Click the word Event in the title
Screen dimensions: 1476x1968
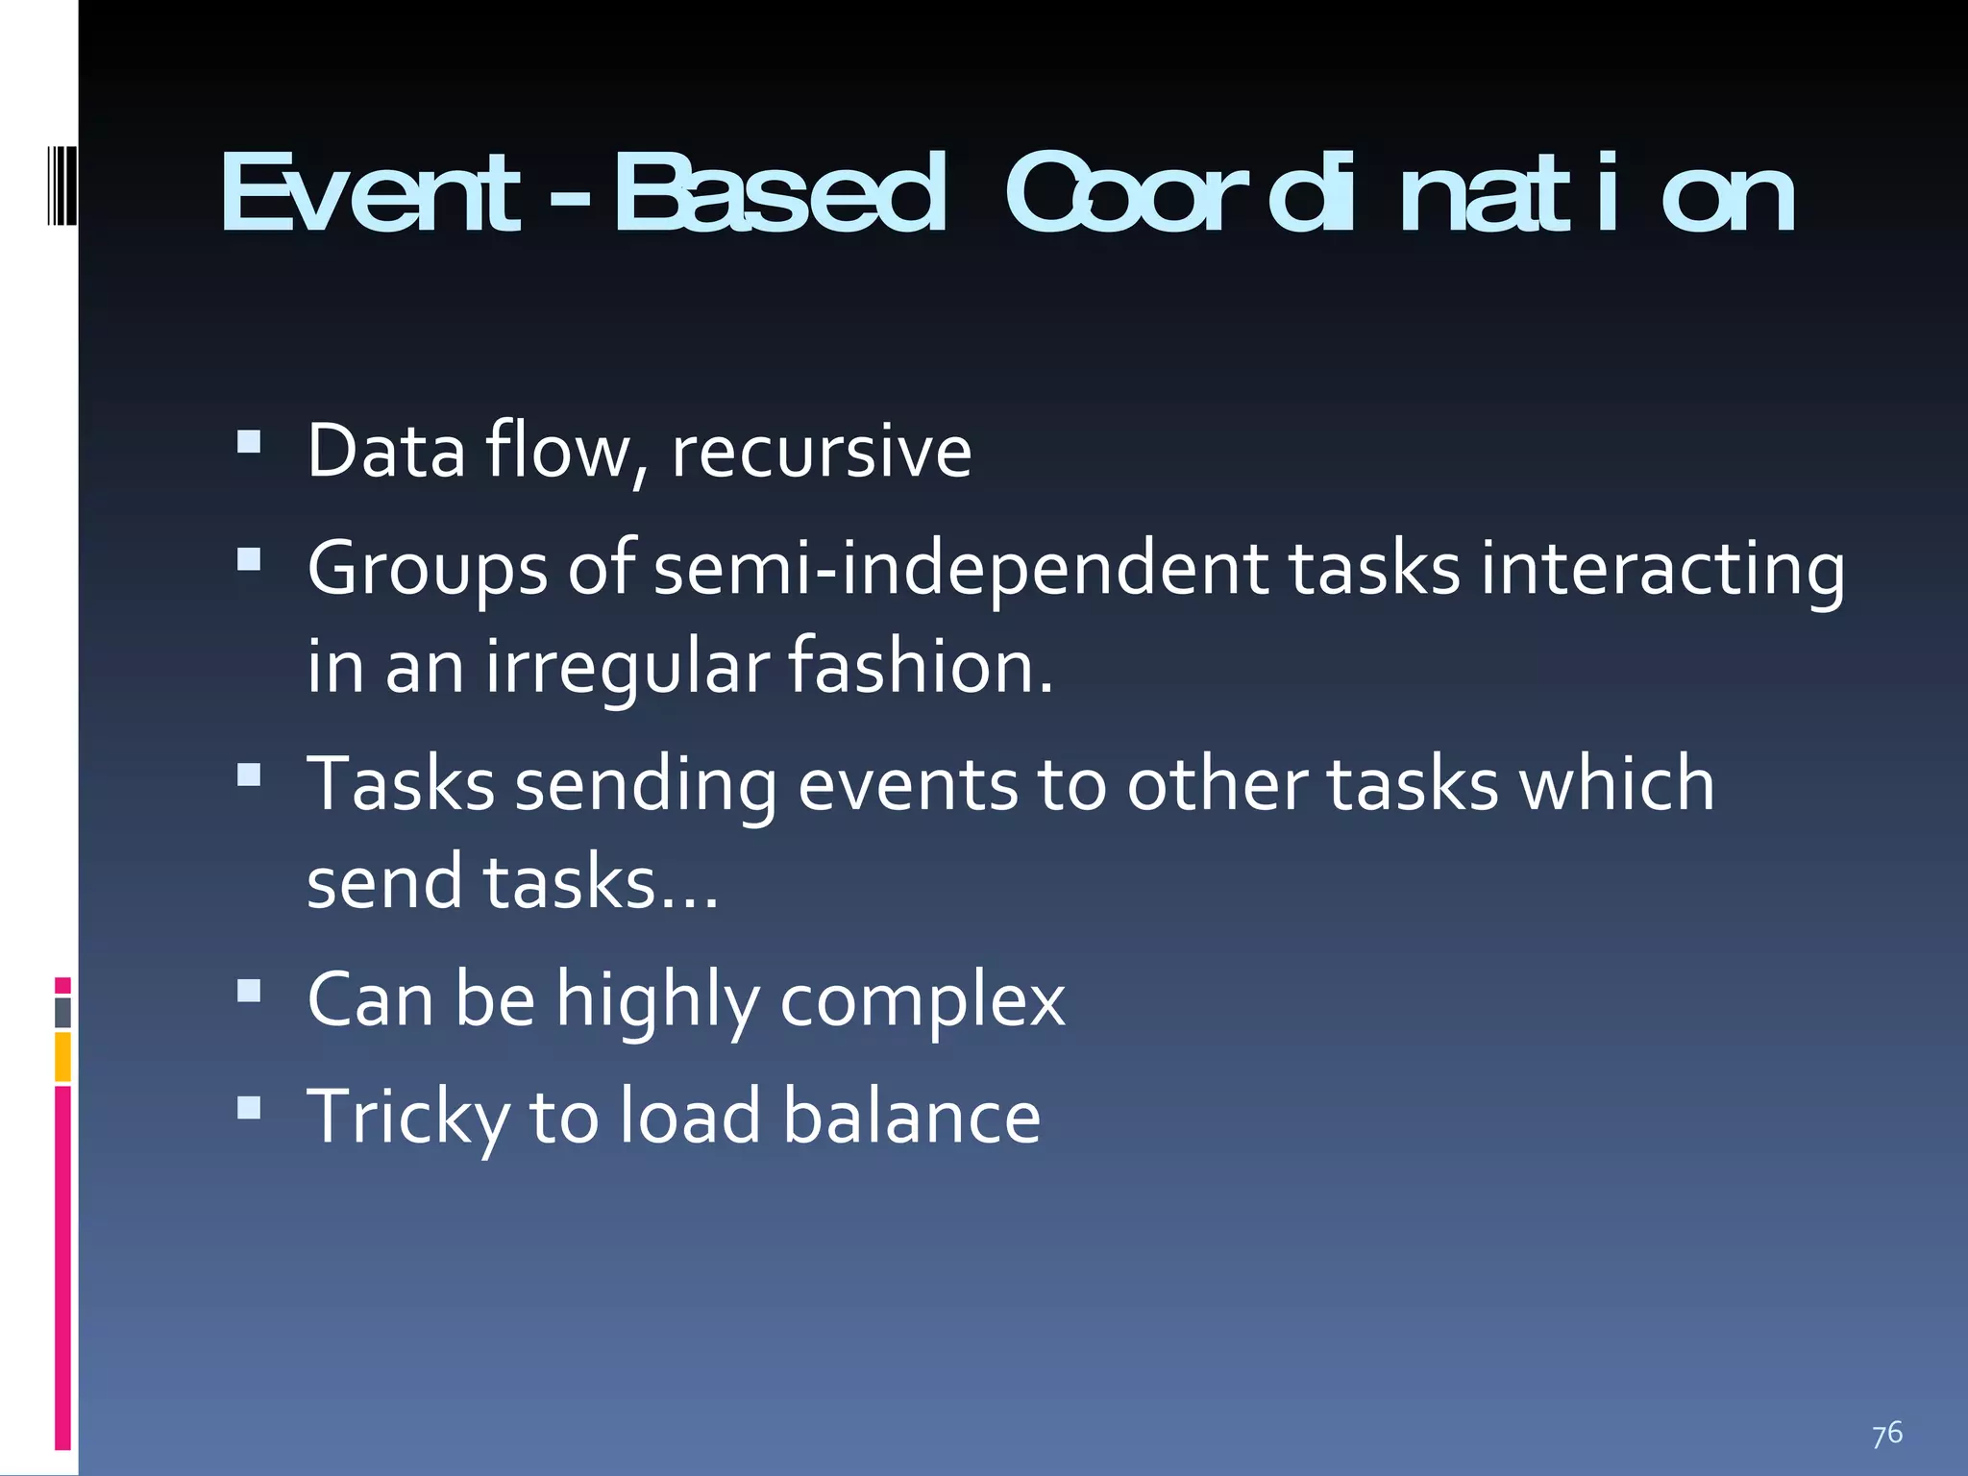(x=370, y=194)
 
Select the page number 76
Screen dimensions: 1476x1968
(x=1886, y=1433)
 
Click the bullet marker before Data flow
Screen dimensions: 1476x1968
(x=249, y=441)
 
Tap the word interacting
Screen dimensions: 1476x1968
(x=1662, y=569)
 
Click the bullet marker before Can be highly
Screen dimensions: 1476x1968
(x=249, y=991)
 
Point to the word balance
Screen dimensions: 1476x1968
(x=911, y=1117)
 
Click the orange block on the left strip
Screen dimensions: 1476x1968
(x=62, y=1056)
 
